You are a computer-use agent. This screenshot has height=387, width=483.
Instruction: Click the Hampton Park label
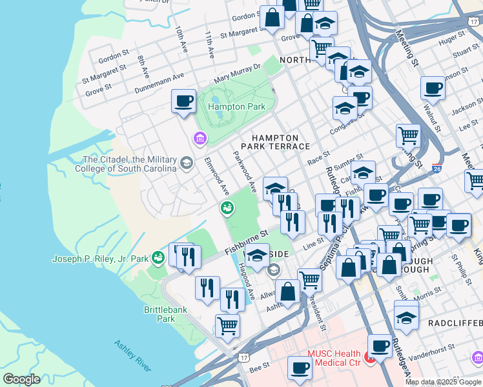tap(222, 106)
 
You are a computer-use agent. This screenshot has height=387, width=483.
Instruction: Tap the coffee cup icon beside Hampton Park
tap(184, 101)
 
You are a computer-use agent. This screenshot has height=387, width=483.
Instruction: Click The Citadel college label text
tap(130, 164)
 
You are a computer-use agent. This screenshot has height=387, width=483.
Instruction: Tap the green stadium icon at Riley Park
tap(158, 258)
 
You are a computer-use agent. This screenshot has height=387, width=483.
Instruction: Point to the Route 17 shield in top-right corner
tap(473, 21)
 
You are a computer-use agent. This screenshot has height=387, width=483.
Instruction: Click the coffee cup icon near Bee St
tap(300, 368)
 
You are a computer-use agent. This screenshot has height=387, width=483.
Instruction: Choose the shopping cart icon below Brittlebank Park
tap(227, 326)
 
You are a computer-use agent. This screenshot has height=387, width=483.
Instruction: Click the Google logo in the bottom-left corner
tap(23, 379)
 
